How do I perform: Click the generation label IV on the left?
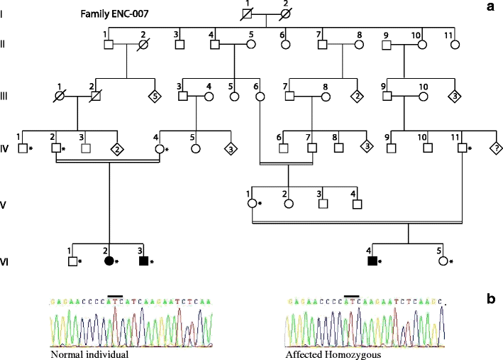coord(6,148)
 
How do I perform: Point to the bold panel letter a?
coord(490,7)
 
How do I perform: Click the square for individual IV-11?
coord(462,148)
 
